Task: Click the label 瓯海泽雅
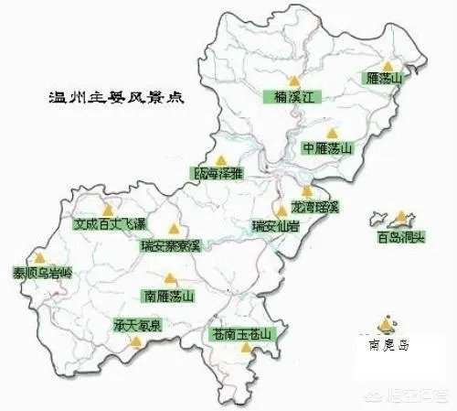219,172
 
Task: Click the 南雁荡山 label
169,296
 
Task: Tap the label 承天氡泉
137,326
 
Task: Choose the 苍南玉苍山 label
241,334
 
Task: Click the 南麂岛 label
388,346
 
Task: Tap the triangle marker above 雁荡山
389,66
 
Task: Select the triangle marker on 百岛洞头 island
401,218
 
